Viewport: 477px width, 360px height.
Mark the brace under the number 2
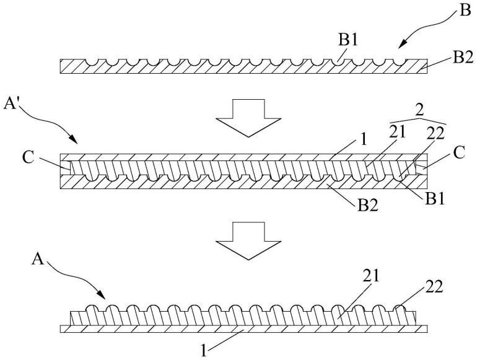[x=419, y=119]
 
